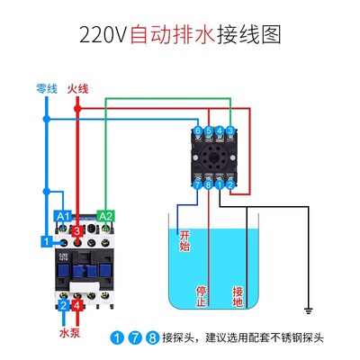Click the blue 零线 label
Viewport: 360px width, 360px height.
point(46,88)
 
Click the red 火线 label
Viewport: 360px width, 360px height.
point(78,88)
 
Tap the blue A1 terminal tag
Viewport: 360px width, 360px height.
point(63,216)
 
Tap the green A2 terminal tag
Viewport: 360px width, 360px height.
point(105,216)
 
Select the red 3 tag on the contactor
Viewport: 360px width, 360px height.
point(78,232)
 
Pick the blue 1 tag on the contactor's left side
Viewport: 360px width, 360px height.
point(45,240)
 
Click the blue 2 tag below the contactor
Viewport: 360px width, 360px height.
point(63,306)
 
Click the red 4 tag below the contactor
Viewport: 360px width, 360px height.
point(78,306)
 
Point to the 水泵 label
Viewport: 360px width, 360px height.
point(70,332)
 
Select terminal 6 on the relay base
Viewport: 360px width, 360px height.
point(198,131)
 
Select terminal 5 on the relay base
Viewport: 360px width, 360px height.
point(208,131)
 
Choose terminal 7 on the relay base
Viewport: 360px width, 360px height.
point(198,184)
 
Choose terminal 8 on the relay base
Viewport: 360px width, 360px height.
point(208,184)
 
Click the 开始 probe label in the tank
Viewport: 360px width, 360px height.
point(185,240)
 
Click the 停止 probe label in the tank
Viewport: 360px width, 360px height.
point(202,295)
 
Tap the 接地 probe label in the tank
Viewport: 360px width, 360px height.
point(238,295)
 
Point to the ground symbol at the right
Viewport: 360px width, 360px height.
point(309,311)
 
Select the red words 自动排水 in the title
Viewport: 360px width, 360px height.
point(170,36)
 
